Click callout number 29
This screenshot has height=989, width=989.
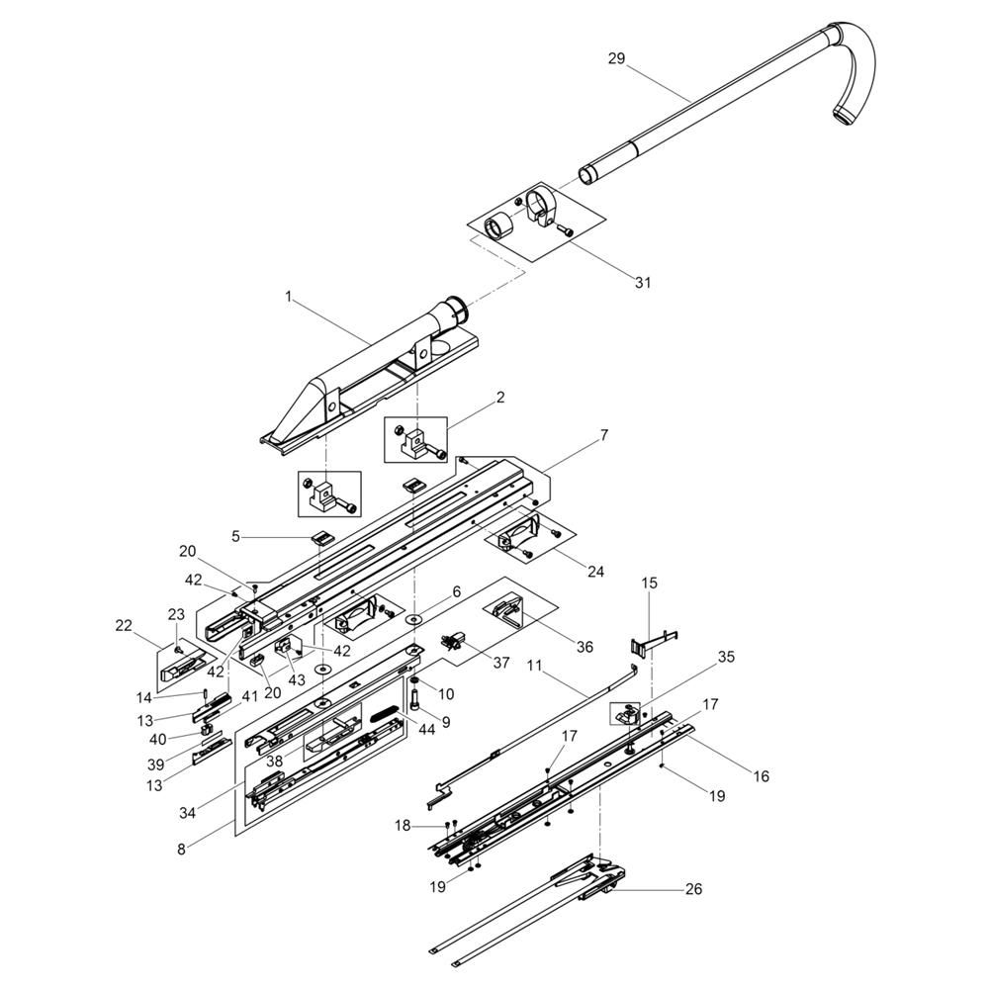[x=616, y=58]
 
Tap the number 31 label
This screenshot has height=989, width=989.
[x=642, y=283]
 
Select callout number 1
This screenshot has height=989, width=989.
[x=289, y=297]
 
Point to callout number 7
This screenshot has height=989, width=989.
[x=604, y=435]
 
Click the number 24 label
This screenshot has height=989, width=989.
[x=595, y=572]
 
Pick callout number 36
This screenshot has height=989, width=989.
[x=584, y=647]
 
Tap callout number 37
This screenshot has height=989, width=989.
[x=501, y=663]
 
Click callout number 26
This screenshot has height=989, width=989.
[x=693, y=889]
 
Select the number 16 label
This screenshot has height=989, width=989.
[x=762, y=776]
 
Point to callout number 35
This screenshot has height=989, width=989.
[x=726, y=658]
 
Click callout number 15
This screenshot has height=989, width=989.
[x=649, y=584]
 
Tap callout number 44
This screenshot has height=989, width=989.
[x=426, y=730]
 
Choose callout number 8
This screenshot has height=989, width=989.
[x=182, y=850]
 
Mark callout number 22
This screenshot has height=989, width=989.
[x=124, y=626]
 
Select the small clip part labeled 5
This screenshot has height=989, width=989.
[x=321, y=538]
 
